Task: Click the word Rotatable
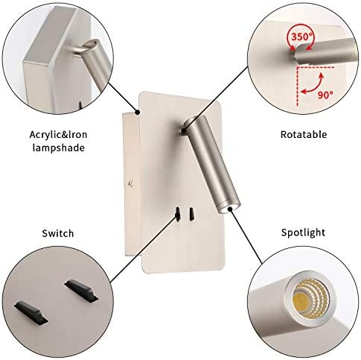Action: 304,134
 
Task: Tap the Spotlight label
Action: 303,233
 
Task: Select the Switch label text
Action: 58,233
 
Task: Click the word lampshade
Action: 59,148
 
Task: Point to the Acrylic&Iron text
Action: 58,135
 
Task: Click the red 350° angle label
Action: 301,37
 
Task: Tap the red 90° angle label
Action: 325,95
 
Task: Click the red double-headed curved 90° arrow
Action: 313,85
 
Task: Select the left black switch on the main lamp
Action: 178,214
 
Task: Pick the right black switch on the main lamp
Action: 191,214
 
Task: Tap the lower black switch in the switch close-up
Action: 31,312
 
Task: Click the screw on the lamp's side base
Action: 131,183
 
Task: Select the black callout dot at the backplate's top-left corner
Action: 137,113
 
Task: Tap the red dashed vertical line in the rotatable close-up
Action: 298,86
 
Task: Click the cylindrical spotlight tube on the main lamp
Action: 211,164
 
